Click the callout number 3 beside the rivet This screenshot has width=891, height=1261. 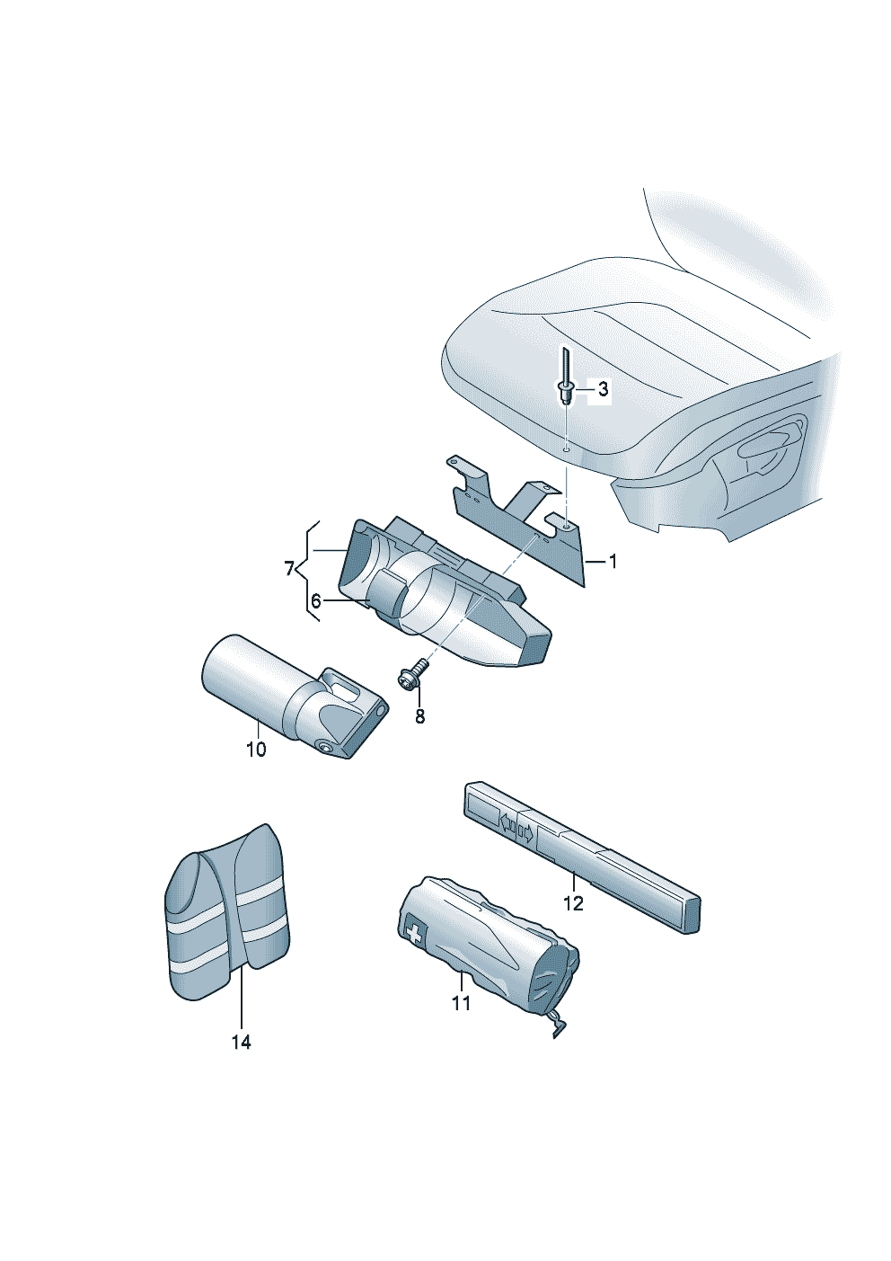pos(603,389)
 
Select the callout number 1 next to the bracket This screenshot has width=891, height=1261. pos(613,562)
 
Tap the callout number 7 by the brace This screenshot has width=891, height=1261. pos(288,568)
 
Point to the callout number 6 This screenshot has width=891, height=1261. pos(315,600)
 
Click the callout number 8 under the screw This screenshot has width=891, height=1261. pos(419,716)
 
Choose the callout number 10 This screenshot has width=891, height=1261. pos(256,749)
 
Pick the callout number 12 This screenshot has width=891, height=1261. pos(573,902)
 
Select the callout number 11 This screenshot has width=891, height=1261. pos(461,1002)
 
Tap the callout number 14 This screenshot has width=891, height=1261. pos(241,1042)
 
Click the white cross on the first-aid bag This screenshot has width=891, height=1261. pos(414,933)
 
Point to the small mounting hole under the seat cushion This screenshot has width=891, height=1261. pos(566,448)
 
